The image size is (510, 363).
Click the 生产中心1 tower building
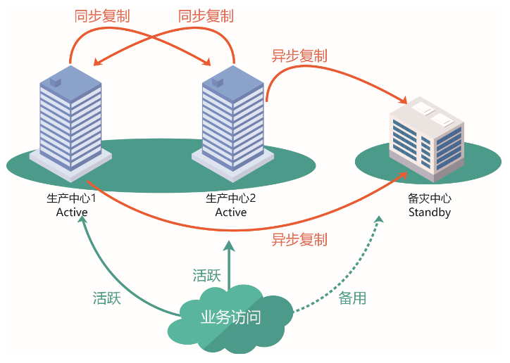point(70,120)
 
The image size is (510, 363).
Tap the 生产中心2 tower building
point(232,120)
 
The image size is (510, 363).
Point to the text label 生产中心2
point(231,198)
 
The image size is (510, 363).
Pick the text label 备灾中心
point(429,198)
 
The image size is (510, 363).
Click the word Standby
point(429,212)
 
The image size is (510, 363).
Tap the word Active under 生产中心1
point(71,212)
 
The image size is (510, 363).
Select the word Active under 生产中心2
point(231,212)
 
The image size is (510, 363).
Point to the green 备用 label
point(352,298)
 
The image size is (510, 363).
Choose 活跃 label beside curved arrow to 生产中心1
point(107,298)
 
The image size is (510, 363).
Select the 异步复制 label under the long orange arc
point(299,239)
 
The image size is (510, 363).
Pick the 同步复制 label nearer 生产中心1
point(102,15)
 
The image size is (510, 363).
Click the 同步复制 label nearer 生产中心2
point(206,15)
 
